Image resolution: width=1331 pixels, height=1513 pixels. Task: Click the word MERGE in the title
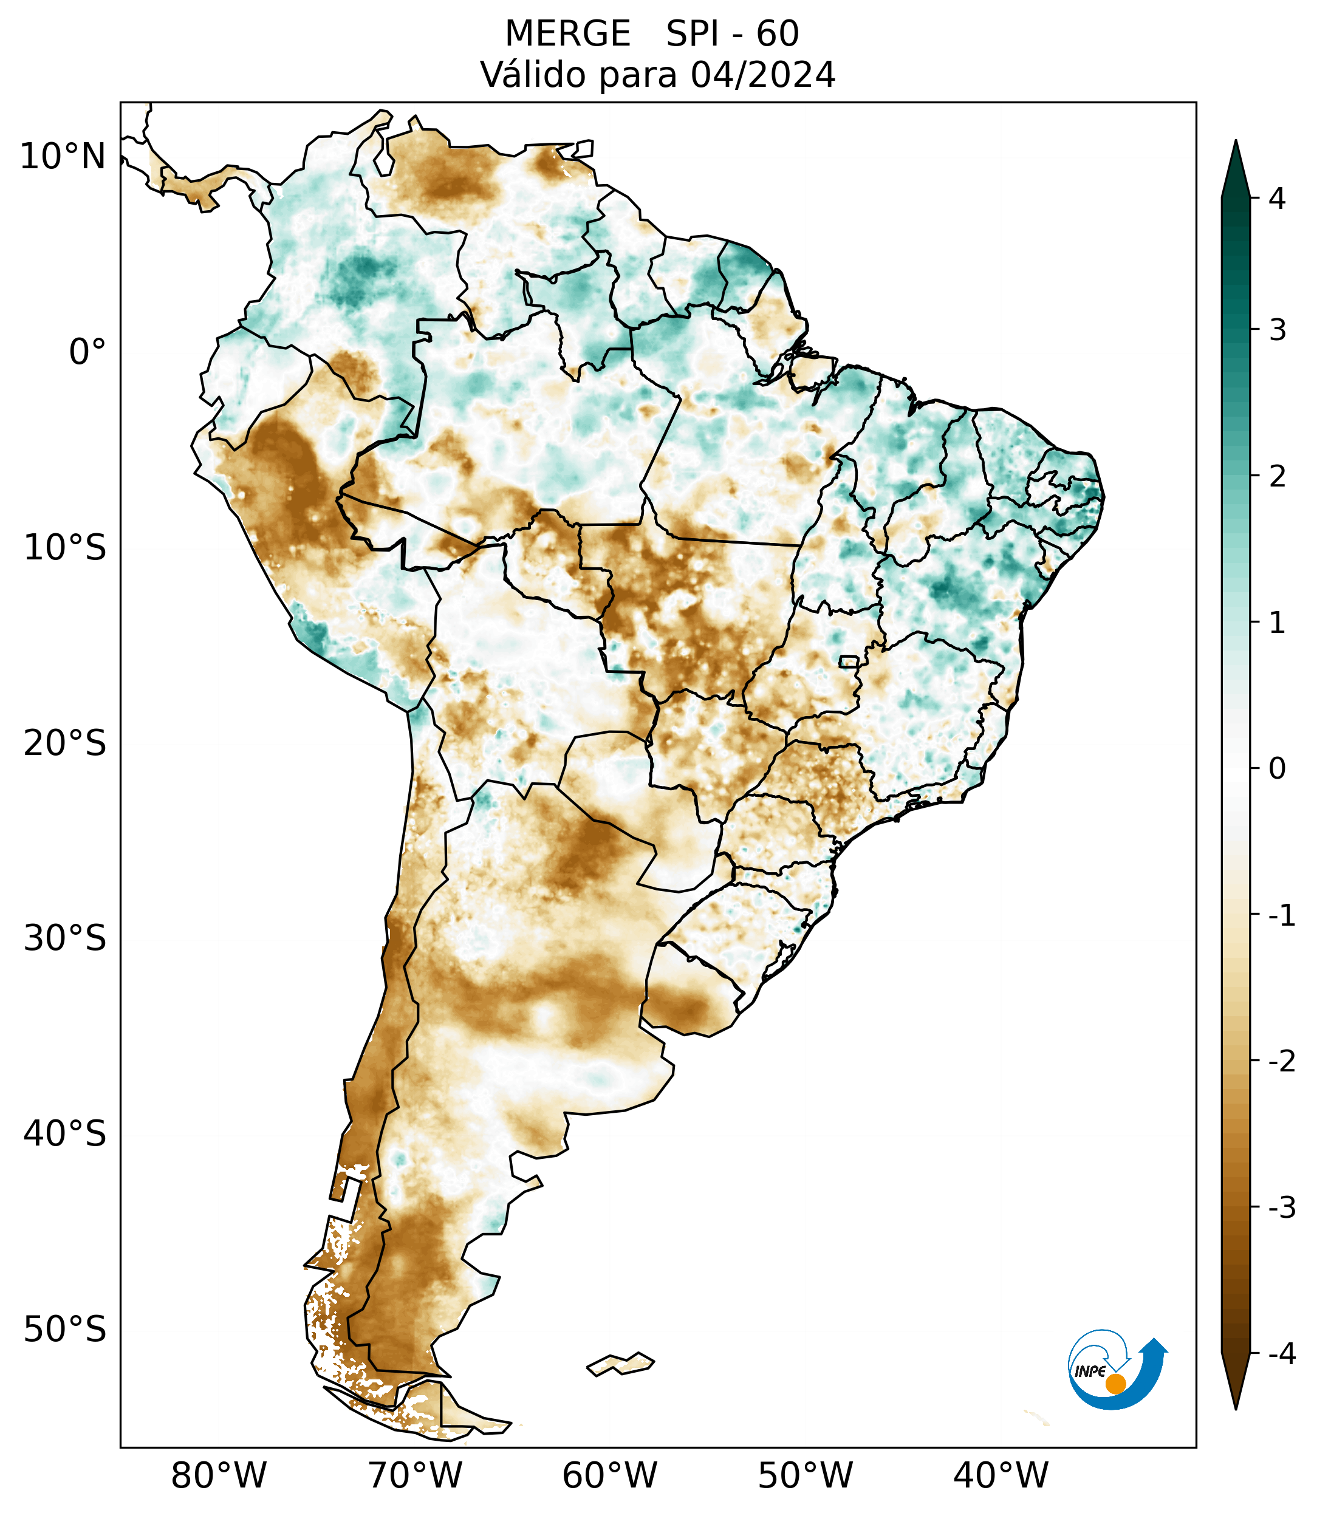point(567,34)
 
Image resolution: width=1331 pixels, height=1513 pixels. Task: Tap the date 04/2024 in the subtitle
point(762,75)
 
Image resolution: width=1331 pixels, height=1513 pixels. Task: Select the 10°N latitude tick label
point(62,157)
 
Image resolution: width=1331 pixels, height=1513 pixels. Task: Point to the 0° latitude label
point(87,352)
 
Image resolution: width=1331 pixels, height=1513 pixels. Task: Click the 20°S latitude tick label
point(64,743)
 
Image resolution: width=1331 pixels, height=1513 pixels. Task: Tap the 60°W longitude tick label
point(609,1475)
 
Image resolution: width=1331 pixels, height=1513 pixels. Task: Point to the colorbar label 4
point(1277,199)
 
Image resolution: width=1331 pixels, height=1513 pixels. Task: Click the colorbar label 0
point(1277,769)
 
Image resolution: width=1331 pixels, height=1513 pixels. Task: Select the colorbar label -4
point(1281,1354)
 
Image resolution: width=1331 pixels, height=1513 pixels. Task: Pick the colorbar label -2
point(1281,1062)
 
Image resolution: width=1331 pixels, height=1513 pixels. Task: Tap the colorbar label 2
point(1277,477)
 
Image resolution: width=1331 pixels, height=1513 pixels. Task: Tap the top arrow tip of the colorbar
point(1235,142)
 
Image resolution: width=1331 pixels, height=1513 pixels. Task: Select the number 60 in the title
point(778,34)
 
